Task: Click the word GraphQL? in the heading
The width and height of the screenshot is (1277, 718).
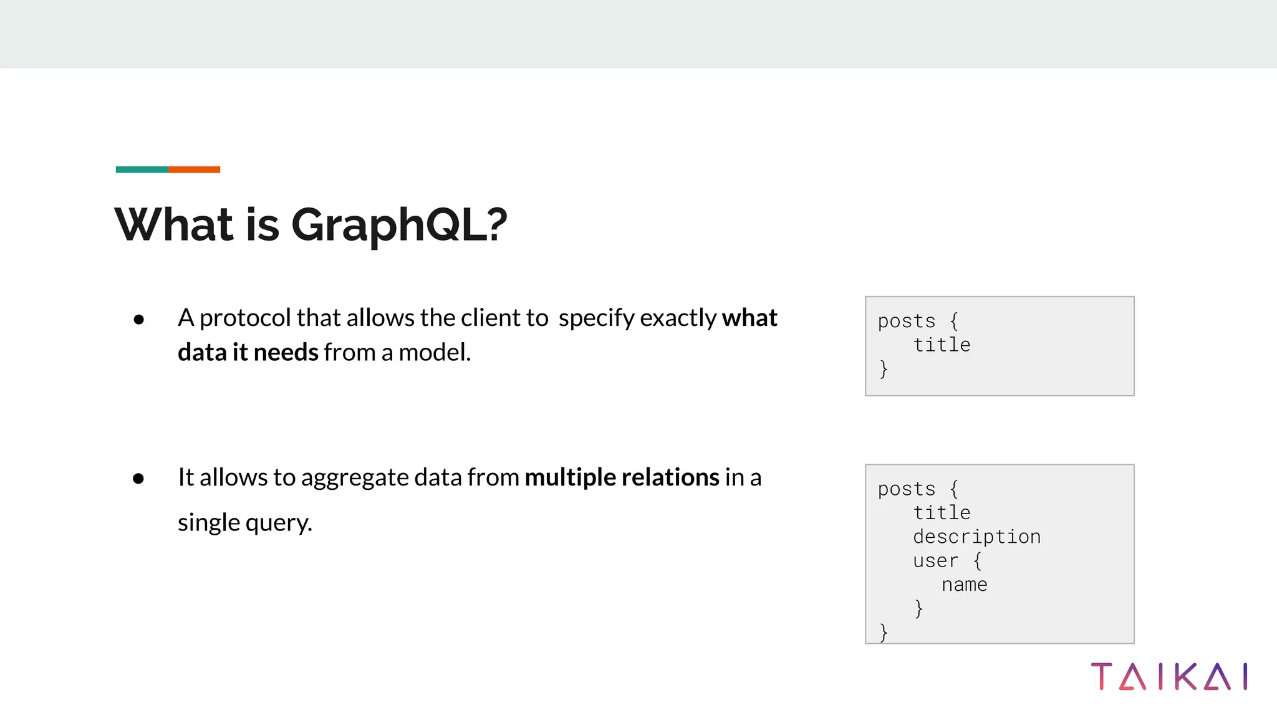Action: click(x=399, y=225)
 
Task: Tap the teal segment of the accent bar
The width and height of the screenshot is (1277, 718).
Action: click(x=142, y=170)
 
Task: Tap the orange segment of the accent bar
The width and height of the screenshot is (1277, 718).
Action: click(x=194, y=170)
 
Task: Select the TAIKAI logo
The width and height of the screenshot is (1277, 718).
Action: click(x=1169, y=677)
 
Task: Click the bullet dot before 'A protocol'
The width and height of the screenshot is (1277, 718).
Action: click(x=138, y=320)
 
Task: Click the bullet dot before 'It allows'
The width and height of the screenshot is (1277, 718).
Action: click(x=138, y=479)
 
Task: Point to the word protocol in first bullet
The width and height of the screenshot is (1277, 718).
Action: click(x=245, y=318)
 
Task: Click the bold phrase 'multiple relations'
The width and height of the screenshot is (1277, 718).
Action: click(x=622, y=477)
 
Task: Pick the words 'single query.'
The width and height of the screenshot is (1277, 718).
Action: click(x=244, y=522)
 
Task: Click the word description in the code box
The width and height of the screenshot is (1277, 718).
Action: click(x=976, y=537)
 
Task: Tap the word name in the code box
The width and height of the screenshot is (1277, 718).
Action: click(x=964, y=585)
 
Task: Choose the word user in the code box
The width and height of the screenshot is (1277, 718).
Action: click(x=935, y=561)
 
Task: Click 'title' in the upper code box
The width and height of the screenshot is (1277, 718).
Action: click(x=942, y=345)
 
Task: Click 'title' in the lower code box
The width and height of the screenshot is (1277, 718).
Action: click(x=942, y=513)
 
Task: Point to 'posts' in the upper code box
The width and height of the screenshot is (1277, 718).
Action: click(x=907, y=321)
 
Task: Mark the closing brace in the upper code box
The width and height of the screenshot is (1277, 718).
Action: click(x=883, y=369)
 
